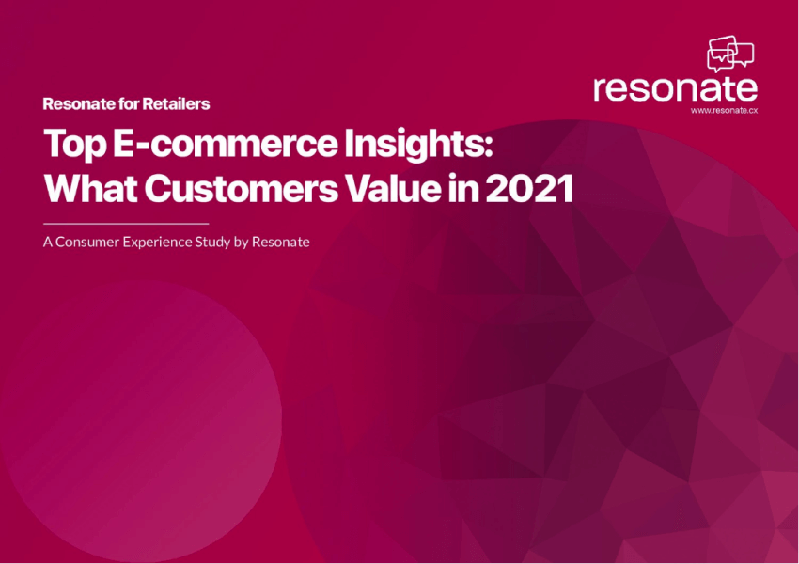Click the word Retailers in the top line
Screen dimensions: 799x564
point(176,104)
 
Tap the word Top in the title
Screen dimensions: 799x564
point(75,145)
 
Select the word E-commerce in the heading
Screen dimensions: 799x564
point(225,143)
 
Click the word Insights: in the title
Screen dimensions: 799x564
point(419,145)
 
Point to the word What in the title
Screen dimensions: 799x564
point(90,189)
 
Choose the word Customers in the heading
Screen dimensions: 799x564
point(241,189)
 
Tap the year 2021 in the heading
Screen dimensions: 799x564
point(529,189)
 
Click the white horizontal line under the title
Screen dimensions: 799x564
point(126,223)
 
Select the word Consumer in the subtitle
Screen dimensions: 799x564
point(87,242)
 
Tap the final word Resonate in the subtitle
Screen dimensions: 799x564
point(280,242)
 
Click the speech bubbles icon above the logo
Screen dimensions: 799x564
point(730,54)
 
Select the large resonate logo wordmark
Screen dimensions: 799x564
point(675,88)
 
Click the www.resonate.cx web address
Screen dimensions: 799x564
point(724,111)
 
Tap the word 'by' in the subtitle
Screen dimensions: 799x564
point(241,243)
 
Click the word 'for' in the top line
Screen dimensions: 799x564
point(129,104)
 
